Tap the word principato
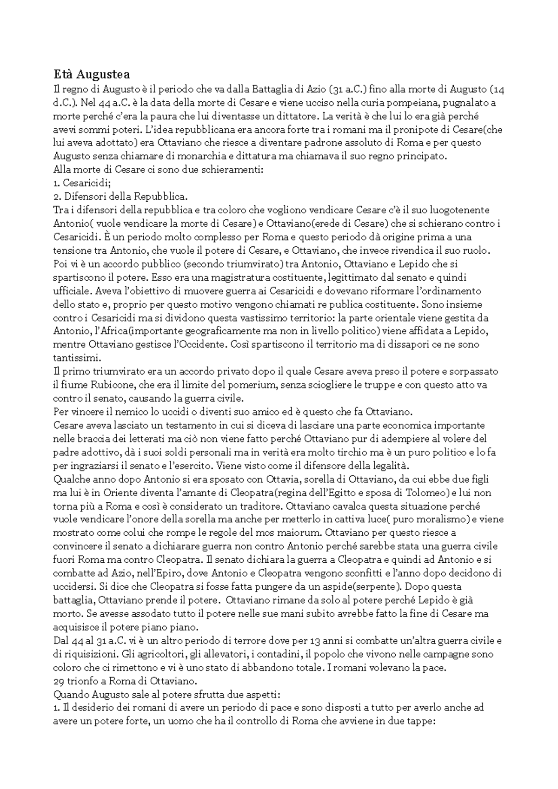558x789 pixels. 421,157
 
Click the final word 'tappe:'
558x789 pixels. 421,722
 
